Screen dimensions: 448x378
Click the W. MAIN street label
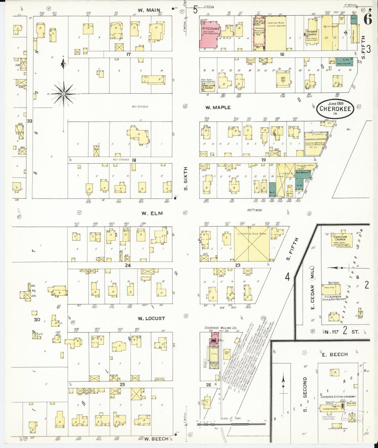pos(149,10)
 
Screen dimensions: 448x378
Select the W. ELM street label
pos(152,213)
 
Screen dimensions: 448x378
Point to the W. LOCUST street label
pos(151,318)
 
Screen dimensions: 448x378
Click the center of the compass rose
pos(64,94)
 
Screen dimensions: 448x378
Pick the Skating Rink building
pos(276,33)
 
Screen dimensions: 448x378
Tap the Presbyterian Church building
pos(312,33)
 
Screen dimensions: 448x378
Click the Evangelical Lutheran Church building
pos(208,86)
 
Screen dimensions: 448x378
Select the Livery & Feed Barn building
pos(252,244)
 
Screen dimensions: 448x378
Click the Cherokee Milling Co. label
pos(221,328)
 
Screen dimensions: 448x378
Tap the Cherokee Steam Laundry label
pos(338,397)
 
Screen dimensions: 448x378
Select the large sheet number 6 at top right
pos(368,20)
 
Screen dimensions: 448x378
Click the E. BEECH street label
pos(335,354)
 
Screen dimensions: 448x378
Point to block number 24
pos(128,265)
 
